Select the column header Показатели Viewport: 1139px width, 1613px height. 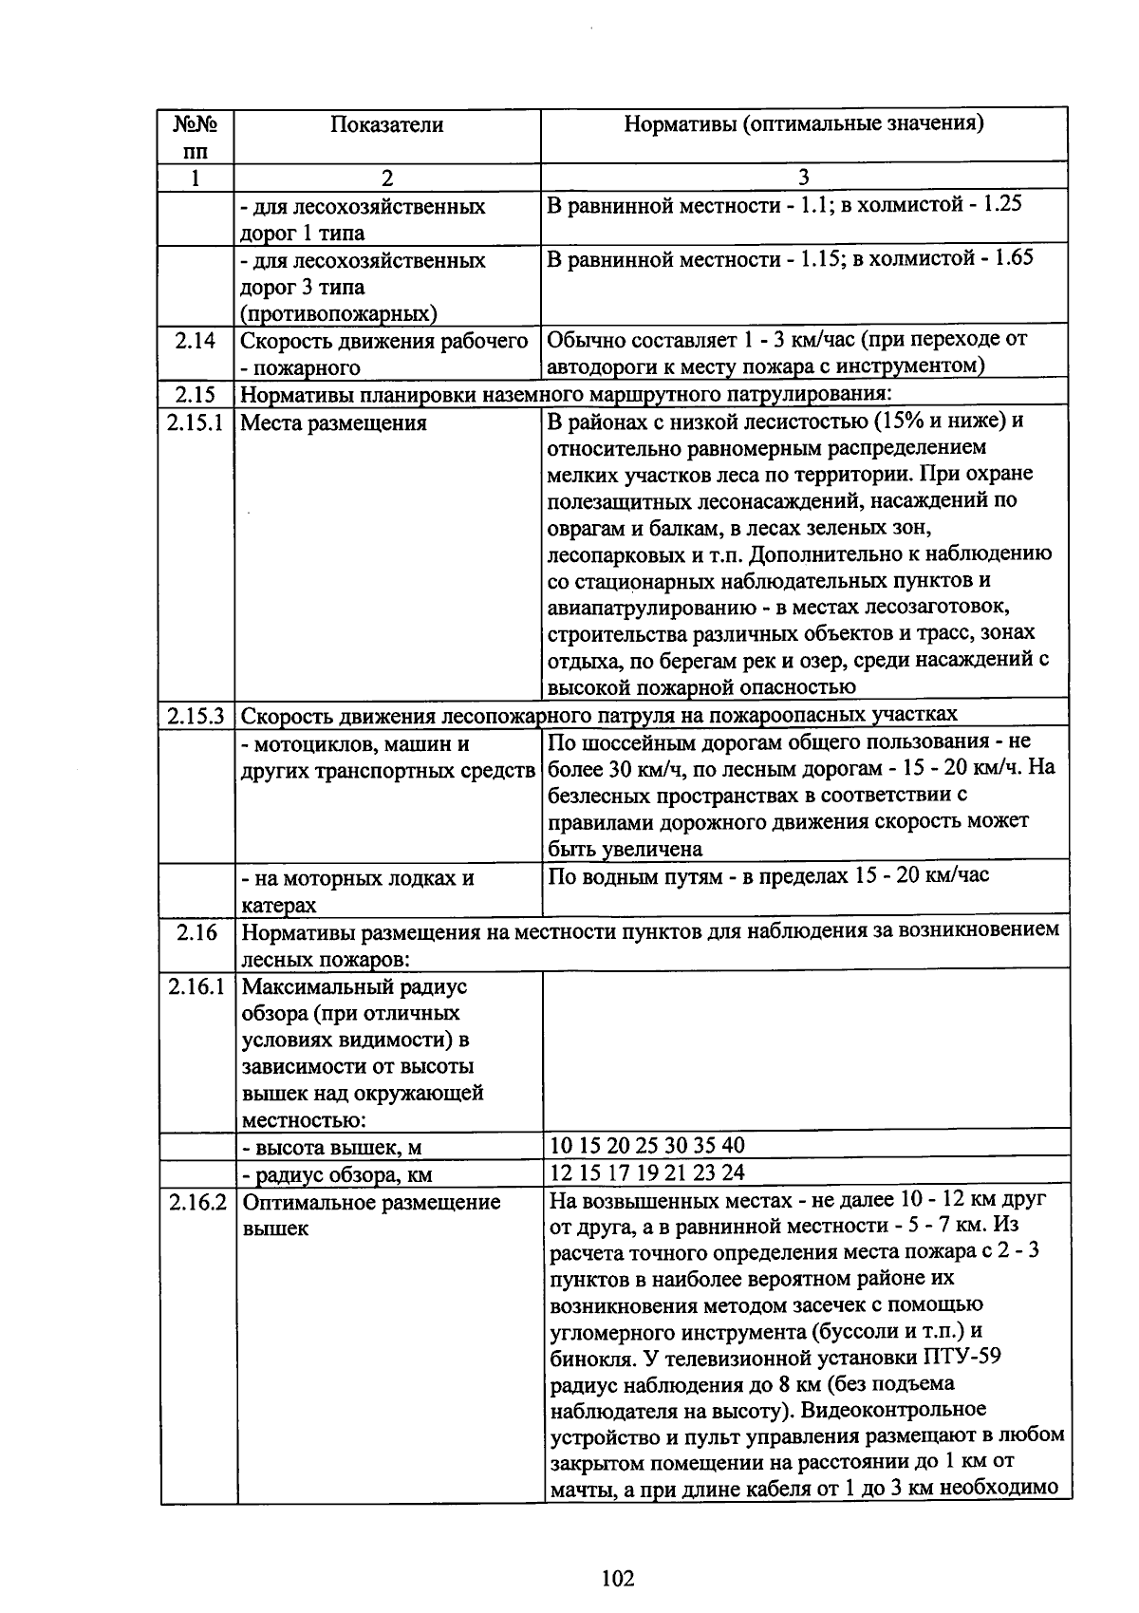tap(386, 124)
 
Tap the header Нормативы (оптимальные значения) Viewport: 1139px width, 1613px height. tap(803, 123)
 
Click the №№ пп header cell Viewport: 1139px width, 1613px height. tap(196, 137)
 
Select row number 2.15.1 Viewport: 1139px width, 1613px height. tap(196, 422)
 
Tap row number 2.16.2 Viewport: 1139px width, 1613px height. tap(197, 1202)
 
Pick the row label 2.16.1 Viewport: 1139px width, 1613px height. tap(196, 986)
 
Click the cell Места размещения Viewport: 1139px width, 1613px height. tap(333, 423)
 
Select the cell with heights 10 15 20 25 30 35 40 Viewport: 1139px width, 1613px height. tap(647, 1145)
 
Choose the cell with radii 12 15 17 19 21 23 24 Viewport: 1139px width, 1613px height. tap(647, 1172)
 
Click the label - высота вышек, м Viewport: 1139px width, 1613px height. tap(332, 1148)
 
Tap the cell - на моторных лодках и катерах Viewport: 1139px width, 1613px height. tap(357, 891)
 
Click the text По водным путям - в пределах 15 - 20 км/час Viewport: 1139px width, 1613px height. tap(769, 875)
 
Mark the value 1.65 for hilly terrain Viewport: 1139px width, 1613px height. tap(1013, 258)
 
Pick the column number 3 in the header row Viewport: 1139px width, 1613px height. tap(803, 178)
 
